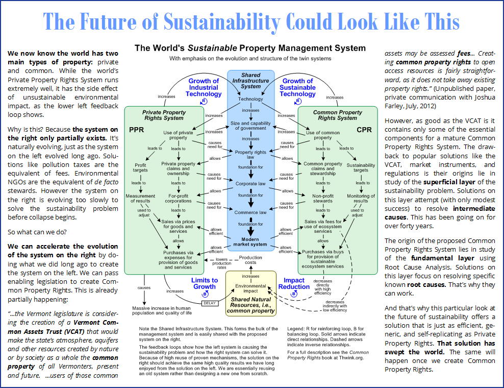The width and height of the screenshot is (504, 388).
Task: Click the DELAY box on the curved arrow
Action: coord(210,303)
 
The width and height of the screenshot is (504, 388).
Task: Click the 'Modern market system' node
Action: coord(250,241)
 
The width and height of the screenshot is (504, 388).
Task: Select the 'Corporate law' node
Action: coord(250,184)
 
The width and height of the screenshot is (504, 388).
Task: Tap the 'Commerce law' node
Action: coord(250,212)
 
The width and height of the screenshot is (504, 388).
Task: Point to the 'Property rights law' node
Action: coord(250,154)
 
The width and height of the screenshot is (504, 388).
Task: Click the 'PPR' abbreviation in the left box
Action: coord(137,130)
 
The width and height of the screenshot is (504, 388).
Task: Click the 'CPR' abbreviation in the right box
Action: coord(364,130)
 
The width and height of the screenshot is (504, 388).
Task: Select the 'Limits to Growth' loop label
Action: coord(205,283)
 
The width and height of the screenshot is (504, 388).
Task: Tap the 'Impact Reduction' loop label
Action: coord(294,283)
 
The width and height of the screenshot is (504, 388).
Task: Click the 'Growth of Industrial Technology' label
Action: coord(204,87)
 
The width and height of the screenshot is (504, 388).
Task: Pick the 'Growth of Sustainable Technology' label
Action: coord(297,87)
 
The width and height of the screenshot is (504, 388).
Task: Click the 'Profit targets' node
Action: coord(140,167)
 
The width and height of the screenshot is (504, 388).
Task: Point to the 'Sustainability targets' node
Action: coord(361,167)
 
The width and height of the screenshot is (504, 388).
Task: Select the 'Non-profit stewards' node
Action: coord(323,198)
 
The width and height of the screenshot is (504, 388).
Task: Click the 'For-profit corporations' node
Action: coord(178,198)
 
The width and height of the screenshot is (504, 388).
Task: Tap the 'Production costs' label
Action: coord(250,260)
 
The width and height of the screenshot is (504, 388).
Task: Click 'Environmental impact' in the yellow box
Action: coord(250,288)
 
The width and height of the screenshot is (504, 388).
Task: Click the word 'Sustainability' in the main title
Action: coord(222,22)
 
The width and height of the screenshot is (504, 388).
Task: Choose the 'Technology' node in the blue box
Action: coord(250,99)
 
